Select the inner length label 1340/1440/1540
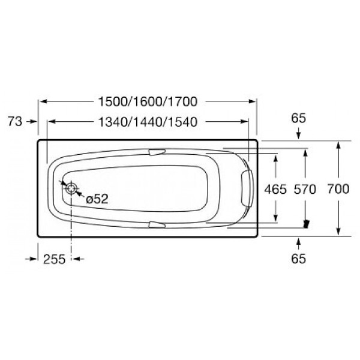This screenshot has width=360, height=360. (x=148, y=122)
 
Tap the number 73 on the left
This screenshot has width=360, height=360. (x=16, y=122)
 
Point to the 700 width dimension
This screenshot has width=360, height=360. (x=339, y=189)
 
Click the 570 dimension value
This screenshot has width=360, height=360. (x=305, y=189)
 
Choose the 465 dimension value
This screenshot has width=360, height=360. (x=275, y=189)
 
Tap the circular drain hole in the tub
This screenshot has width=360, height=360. (x=72, y=188)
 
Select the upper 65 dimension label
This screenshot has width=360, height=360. (x=299, y=118)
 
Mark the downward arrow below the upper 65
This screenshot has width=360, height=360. (x=299, y=135)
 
